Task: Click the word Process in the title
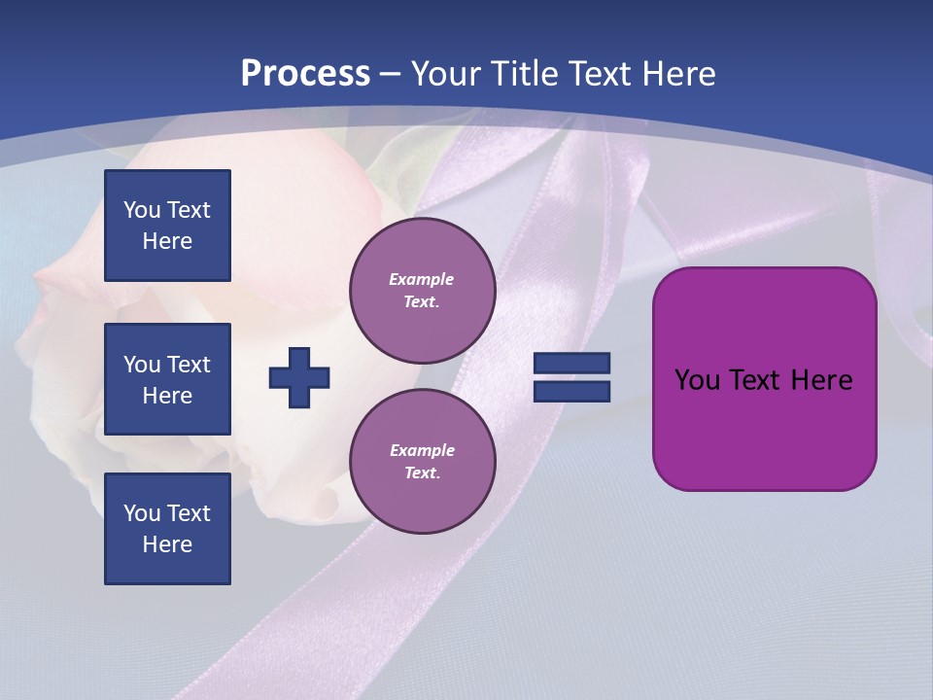coord(305,73)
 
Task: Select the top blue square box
coord(167,226)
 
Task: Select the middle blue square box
coord(167,379)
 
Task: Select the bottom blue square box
coord(167,529)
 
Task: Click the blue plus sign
coord(299,377)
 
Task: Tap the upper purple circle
coord(423,291)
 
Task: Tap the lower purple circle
coord(423,462)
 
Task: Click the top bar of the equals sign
coord(571,364)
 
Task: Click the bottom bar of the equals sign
coord(571,391)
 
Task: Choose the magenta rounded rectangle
coord(764,428)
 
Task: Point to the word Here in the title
coord(676,73)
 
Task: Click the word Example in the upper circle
coord(422,279)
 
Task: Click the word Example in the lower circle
coord(422,450)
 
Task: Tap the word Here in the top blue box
coord(167,241)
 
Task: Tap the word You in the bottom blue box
coord(142,513)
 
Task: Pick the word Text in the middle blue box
coord(189,365)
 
